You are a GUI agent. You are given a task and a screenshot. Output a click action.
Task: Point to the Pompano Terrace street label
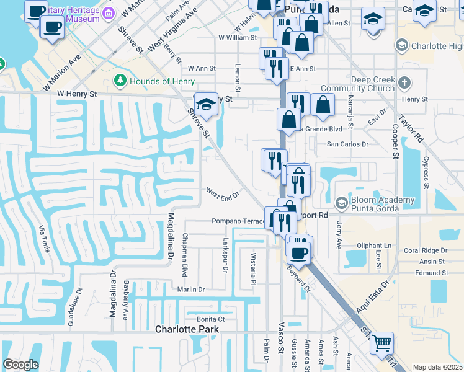point(238,221)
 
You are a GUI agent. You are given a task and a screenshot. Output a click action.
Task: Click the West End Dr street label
point(222,195)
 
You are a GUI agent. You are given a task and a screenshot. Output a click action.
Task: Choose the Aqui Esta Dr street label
point(376,296)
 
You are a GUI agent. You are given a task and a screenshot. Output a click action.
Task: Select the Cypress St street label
point(426,171)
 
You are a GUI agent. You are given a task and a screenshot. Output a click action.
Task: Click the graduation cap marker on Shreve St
point(207,103)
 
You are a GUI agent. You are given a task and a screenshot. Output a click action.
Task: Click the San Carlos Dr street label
point(347,144)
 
